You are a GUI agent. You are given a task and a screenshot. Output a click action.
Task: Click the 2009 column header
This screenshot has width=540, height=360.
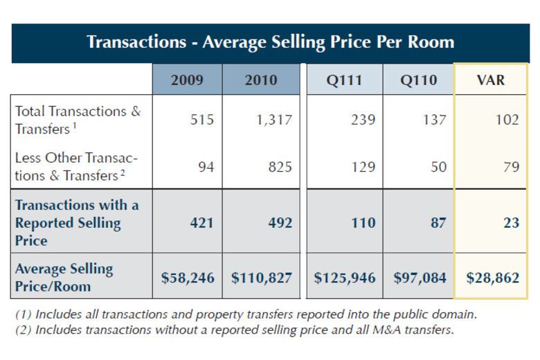[187, 80]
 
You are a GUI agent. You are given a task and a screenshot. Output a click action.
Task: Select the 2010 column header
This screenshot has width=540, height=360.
[261, 80]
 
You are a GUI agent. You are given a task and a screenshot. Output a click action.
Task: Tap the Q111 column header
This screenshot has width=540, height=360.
[344, 80]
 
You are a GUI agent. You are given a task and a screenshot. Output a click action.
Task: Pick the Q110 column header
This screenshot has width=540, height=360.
[418, 80]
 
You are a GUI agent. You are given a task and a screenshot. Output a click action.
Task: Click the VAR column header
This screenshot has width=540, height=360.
[491, 80]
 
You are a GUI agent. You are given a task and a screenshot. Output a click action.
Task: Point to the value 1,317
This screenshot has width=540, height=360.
[273, 120]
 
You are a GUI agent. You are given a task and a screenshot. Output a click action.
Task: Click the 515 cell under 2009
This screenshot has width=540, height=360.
[202, 120]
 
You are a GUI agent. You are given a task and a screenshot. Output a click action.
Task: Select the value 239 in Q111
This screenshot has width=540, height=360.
[361, 120]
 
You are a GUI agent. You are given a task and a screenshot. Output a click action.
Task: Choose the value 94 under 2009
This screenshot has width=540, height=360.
[206, 167]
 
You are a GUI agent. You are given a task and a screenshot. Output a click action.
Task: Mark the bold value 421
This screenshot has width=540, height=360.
[201, 223]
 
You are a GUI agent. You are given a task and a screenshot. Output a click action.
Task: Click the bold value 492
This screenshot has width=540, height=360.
[279, 223]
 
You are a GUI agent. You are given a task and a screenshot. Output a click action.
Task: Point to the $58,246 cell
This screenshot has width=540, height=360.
[188, 278]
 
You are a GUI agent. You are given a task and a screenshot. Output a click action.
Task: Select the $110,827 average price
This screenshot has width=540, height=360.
[262, 278]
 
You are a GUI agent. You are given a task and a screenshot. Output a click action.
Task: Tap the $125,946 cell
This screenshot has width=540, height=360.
[345, 278]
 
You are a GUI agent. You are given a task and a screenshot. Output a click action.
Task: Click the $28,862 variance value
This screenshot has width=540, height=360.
[492, 278]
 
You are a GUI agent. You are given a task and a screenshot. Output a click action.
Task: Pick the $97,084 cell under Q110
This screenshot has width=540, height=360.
[420, 278]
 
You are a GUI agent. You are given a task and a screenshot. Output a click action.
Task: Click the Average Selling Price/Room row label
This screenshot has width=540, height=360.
[64, 277]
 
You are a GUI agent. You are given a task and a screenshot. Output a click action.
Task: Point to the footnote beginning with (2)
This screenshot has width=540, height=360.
[235, 330]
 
